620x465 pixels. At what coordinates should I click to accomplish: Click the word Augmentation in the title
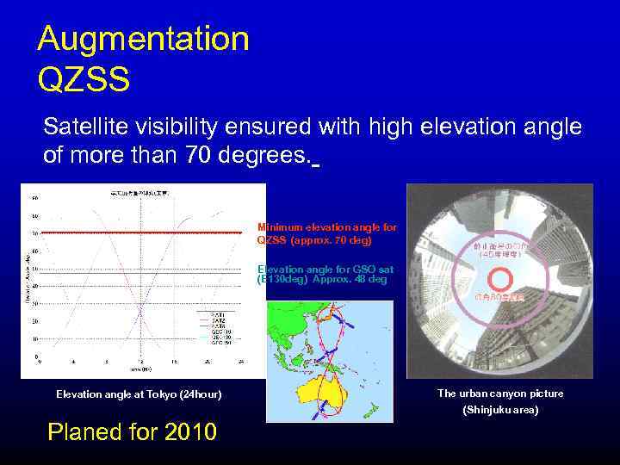[x=143, y=40]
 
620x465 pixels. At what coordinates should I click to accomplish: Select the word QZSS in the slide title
[x=84, y=79]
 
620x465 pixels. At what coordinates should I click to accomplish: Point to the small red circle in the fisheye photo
[x=499, y=280]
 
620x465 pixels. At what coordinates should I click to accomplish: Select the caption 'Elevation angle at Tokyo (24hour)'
[x=139, y=394]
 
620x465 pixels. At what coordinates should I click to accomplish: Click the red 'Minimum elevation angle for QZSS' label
[x=327, y=233]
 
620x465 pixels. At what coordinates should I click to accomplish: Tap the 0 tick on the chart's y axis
[x=35, y=356]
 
